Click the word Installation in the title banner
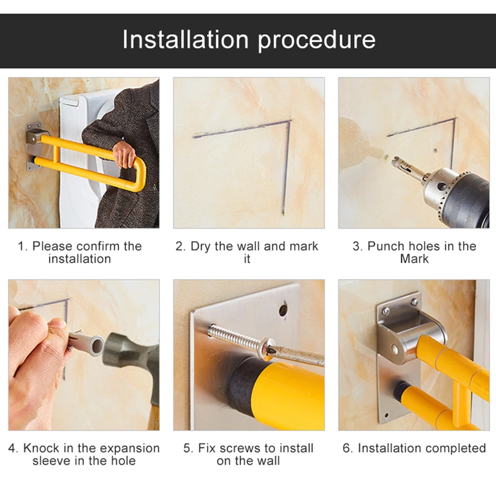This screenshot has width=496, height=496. coord(185,39)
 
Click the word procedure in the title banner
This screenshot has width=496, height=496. coord(316,41)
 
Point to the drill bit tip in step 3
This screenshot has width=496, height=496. coord(393,159)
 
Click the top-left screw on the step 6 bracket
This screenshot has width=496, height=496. coord(386,312)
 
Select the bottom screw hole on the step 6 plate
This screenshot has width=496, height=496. coord(386,415)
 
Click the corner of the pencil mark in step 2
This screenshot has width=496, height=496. coord(290,121)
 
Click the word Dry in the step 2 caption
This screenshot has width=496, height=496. coord(201,246)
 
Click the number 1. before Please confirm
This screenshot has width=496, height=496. coord(23,246)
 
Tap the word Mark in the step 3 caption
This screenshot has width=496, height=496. coord(414,259)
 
